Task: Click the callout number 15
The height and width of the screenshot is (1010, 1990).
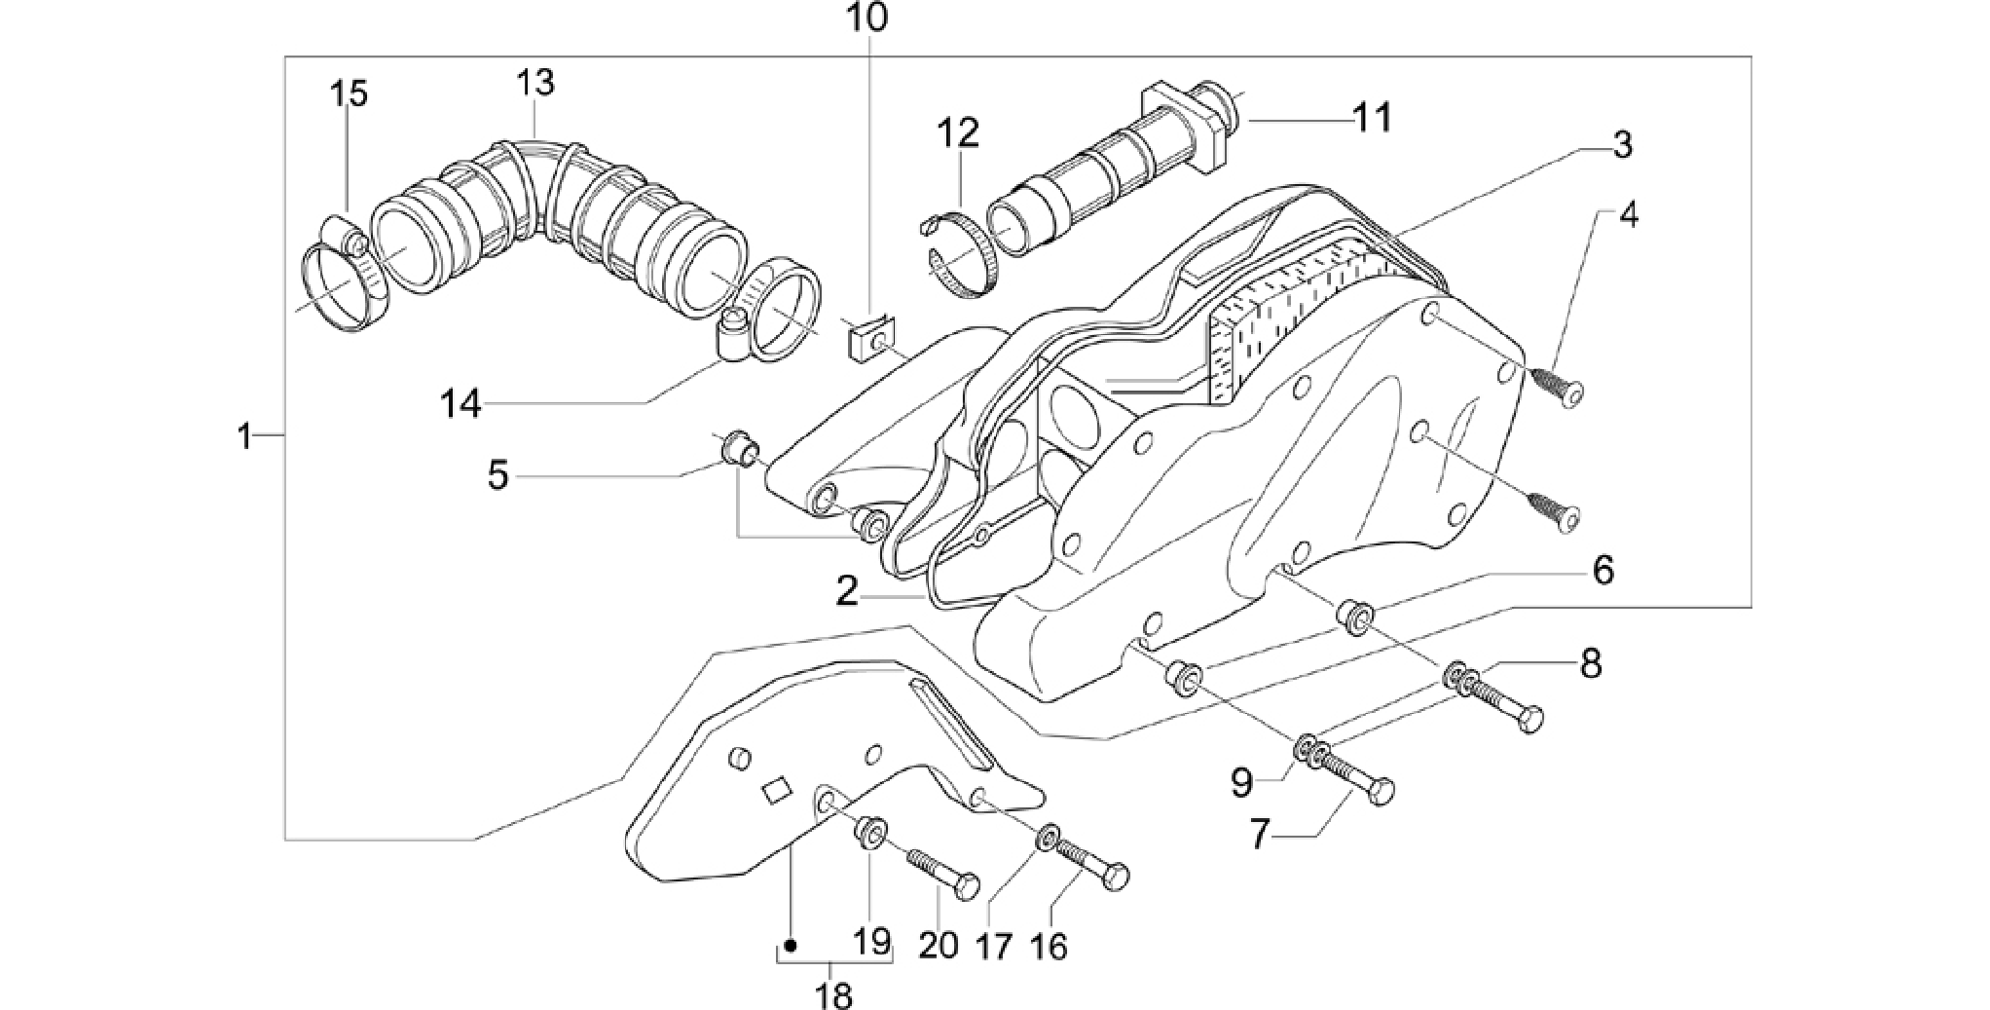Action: [x=348, y=94]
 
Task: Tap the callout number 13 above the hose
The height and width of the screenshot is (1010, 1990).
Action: [x=535, y=82]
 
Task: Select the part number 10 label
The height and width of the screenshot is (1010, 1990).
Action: [x=866, y=18]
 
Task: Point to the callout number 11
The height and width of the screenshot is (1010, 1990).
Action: [x=1372, y=118]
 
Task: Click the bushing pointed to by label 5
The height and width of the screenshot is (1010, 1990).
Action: [x=741, y=452]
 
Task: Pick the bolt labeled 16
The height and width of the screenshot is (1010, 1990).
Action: [x=1091, y=863]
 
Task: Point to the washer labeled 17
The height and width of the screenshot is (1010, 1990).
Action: [x=1050, y=836]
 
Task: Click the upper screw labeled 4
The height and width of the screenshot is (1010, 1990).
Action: [x=1556, y=387]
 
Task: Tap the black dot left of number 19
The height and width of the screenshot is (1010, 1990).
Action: [x=791, y=945]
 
